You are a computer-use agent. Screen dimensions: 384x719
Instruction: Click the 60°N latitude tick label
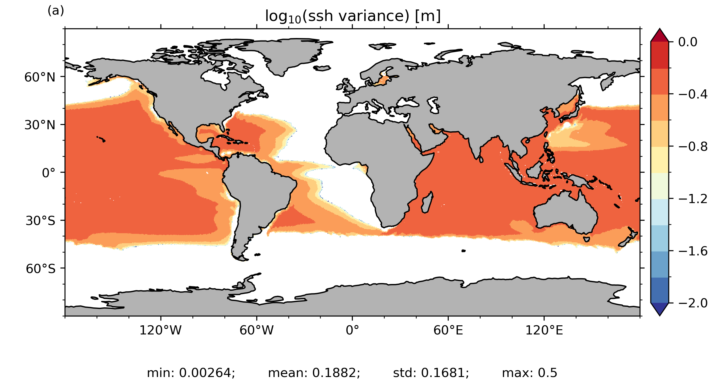[40, 78]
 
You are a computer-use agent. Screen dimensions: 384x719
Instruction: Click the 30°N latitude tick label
[40, 125]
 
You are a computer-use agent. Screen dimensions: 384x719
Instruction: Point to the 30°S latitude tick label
[40, 221]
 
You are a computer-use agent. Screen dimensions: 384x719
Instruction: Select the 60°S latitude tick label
[40, 269]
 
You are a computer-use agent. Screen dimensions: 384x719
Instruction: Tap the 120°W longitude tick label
[160, 330]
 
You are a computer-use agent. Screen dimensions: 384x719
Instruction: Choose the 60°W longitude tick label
[256, 330]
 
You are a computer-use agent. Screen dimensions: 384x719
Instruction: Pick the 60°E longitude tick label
[448, 330]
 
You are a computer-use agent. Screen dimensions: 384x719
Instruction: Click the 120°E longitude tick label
[544, 330]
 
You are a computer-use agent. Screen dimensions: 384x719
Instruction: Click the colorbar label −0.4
[693, 95]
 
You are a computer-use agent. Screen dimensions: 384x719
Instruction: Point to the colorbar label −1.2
[693, 199]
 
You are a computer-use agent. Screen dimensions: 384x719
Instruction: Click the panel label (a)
[56, 11]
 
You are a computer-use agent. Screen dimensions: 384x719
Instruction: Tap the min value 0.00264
[207, 373]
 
